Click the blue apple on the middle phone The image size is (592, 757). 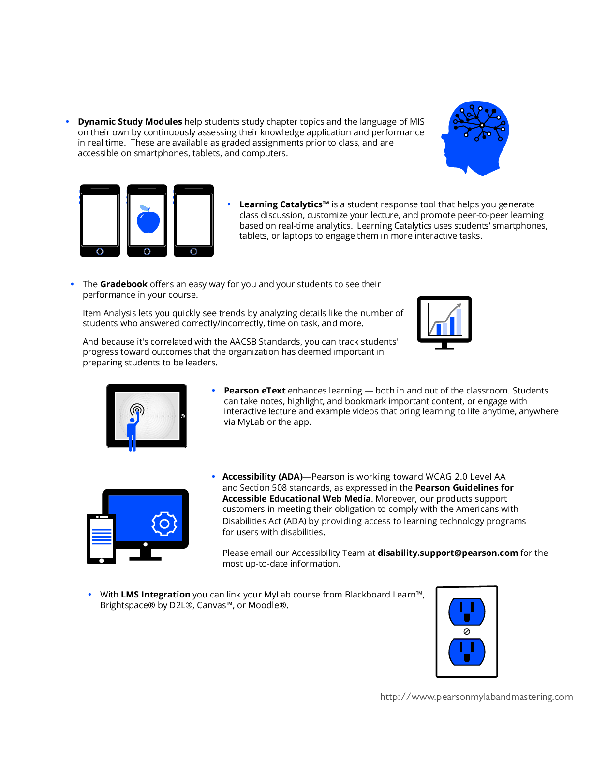tap(148, 219)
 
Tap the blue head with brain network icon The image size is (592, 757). tap(475, 138)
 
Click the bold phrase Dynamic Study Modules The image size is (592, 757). tap(130, 122)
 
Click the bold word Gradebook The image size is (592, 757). tap(124, 284)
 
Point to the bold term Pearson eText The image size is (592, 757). tap(255, 390)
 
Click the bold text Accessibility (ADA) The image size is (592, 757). tap(263, 476)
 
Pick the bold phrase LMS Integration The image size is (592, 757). tap(155, 594)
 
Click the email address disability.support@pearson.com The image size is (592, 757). tap(448, 553)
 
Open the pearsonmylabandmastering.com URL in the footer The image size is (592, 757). tap(476, 697)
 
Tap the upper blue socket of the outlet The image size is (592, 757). tap(467, 611)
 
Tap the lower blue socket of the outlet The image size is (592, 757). tap(467, 652)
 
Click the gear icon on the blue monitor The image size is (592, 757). tap(164, 524)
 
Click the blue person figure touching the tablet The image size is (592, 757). tap(133, 431)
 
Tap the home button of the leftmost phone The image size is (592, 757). tap(100, 251)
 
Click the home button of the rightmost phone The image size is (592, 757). tap(194, 251)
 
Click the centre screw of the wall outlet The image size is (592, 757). tap(467, 632)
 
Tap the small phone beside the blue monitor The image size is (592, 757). tap(102, 539)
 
